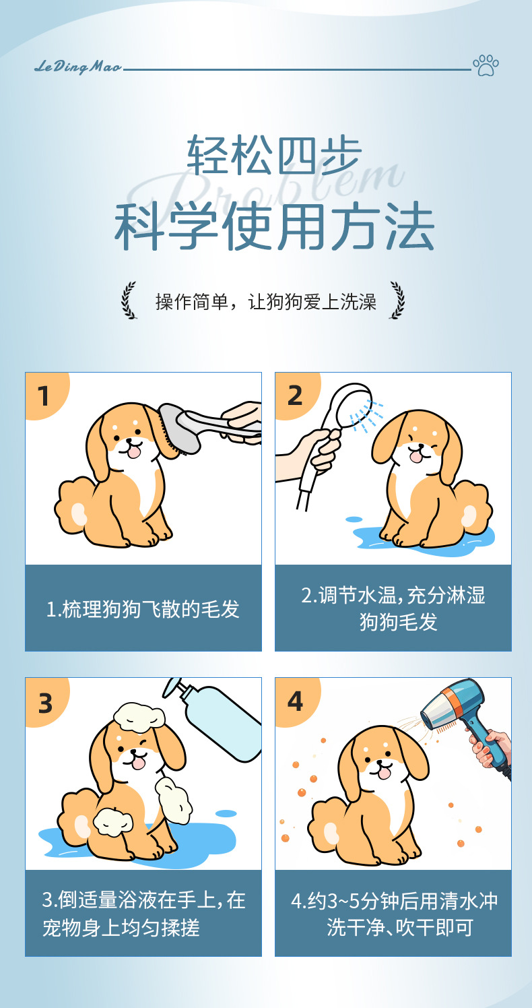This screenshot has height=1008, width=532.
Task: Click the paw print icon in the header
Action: point(486,65)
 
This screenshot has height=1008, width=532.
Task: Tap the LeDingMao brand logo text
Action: point(78,67)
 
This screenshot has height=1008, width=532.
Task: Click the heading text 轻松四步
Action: point(274,155)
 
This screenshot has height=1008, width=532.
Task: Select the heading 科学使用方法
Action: point(274,226)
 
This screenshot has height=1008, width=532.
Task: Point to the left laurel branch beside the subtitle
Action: point(129,300)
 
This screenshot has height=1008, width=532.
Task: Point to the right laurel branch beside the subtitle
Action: point(397,300)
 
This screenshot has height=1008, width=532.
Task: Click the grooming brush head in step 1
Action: point(178,429)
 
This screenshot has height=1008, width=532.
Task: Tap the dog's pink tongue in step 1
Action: point(134,452)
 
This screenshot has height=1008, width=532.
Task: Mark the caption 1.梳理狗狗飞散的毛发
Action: point(143,609)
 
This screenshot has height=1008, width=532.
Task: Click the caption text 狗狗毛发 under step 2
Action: point(399,622)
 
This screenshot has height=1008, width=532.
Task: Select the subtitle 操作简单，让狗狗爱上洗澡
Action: point(266,301)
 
